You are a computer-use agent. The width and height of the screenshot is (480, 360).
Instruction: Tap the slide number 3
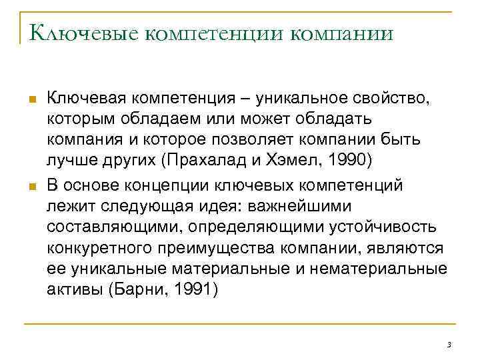click(449, 344)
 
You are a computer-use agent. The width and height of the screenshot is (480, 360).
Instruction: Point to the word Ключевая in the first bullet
click(86, 99)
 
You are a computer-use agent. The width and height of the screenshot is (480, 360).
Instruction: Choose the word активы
click(74, 291)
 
